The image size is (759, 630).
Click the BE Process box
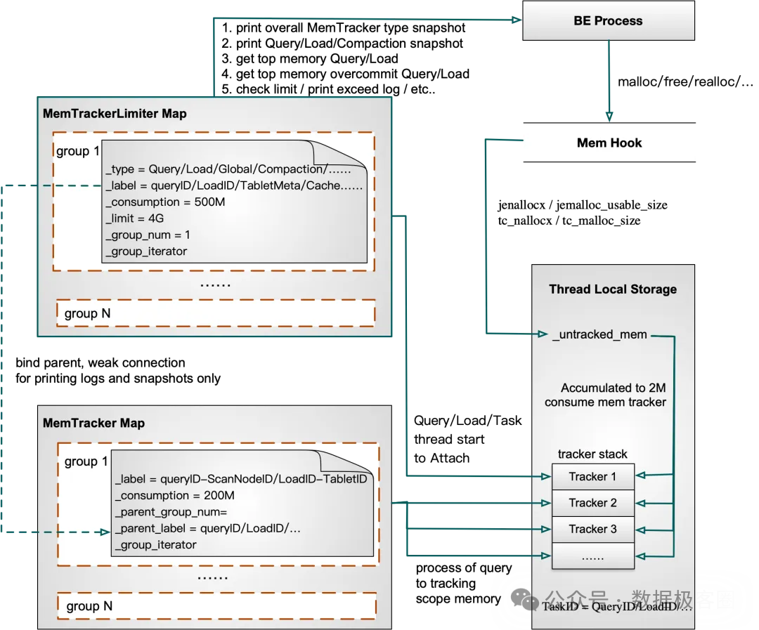(x=608, y=21)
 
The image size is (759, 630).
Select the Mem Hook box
(x=609, y=143)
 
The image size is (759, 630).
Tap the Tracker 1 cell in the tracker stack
(x=592, y=477)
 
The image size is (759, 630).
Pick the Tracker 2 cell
(x=592, y=503)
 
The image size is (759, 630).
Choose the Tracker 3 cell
(x=592, y=529)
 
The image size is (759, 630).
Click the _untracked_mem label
(x=599, y=334)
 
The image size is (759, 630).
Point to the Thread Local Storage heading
(x=613, y=289)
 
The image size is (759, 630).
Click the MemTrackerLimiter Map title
(x=115, y=114)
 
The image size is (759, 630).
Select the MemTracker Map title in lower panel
(x=93, y=424)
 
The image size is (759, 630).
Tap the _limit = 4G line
(x=135, y=218)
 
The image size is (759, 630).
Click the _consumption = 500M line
(x=165, y=202)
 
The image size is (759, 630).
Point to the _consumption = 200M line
(x=174, y=496)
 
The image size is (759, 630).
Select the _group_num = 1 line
(x=148, y=235)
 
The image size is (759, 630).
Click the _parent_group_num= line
(x=171, y=512)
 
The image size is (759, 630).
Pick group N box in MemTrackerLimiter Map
(x=215, y=313)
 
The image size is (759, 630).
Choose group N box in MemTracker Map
(x=216, y=606)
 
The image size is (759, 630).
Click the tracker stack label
(x=592, y=454)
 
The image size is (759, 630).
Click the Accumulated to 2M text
(x=613, y=388)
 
